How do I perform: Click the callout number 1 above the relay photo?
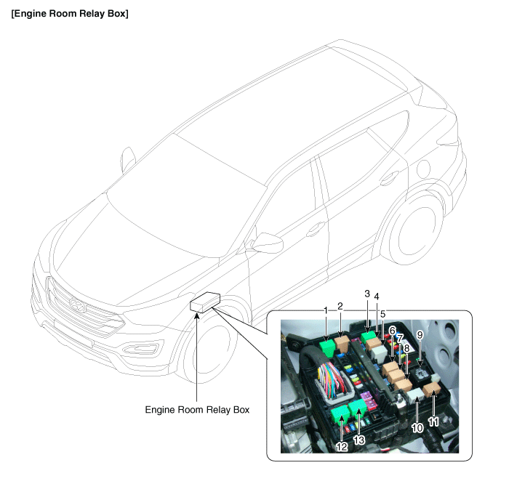click(326, 310)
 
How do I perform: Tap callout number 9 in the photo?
click(420, 335)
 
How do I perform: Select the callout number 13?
click(359, 440)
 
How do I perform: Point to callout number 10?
click(417, 428)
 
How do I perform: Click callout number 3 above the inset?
click(367, 294)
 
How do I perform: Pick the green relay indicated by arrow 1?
click(327, 347)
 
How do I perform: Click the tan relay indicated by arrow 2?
click(342, 343)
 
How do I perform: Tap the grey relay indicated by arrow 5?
click(379, 353)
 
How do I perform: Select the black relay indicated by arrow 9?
click(420, 375)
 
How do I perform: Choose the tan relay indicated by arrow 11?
click(431, 390)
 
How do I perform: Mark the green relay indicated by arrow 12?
click(340, 416)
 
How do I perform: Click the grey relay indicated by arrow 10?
click(415, 396)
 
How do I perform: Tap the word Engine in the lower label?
click(158, 410)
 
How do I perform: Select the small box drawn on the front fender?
click(205, 302)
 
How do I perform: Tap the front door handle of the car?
click(316, 229)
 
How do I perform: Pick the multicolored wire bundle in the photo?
click(329, 378)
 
